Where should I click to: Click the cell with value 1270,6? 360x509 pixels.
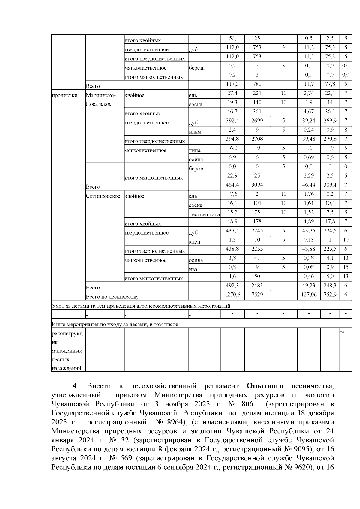[232, 295]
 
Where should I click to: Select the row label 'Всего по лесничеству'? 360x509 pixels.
[112, 297]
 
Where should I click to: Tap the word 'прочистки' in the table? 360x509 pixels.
[64, 95]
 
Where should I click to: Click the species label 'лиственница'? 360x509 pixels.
[204, 214]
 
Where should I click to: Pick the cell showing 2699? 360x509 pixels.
[257, 121]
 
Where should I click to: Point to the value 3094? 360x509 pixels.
[257, 185]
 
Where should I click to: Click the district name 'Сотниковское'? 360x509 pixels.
[103, 196]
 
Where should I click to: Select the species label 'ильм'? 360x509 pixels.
[195, 132]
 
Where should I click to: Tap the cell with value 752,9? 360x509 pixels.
[330, 295]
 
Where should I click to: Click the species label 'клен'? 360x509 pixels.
[194, 242]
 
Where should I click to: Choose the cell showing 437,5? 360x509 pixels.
[232, 231]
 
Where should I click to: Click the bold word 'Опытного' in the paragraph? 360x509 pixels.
[265, 385]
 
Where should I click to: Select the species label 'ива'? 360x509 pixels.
[193, 269]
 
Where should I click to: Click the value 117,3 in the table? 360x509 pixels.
[232, 84]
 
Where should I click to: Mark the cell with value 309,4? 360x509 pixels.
[330, 185]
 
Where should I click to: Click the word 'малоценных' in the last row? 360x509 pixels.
[67, 351]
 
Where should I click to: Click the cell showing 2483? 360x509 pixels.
[257, 286]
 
